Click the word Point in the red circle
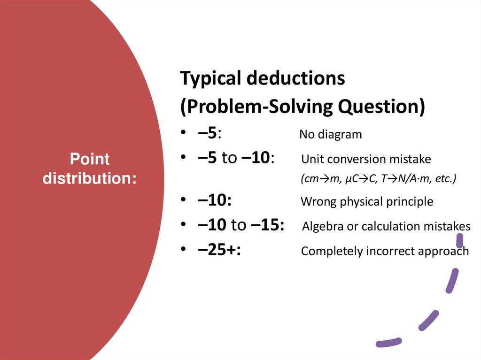tap(90, 159)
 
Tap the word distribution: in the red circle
tap(90, 178)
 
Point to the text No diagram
tap(331, 135)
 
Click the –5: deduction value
tap(209, 133)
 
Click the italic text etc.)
tap(445, 179)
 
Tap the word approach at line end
tap(448, 252)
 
